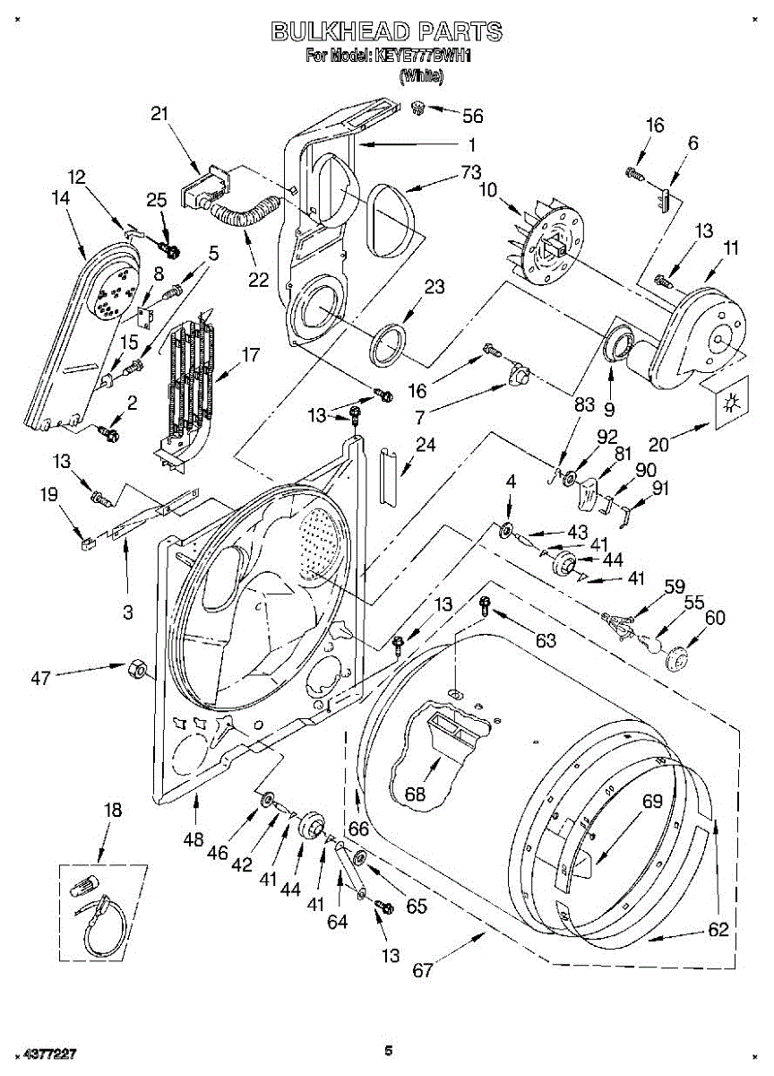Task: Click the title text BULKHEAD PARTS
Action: [x=387, y=32]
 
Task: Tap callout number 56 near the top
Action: [x=472, y=116]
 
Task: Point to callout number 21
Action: [x=159, y=114]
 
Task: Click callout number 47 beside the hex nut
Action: [x=40, y=678]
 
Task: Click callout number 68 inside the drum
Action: [x=415, y=794]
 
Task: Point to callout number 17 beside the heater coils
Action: [x=250, y=355]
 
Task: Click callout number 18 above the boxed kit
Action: [x=112, y=811]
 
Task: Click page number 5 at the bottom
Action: [x=388, y=1050]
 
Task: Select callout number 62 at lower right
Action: [x=718, y=930]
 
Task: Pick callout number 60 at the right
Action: [x=715, y=617]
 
